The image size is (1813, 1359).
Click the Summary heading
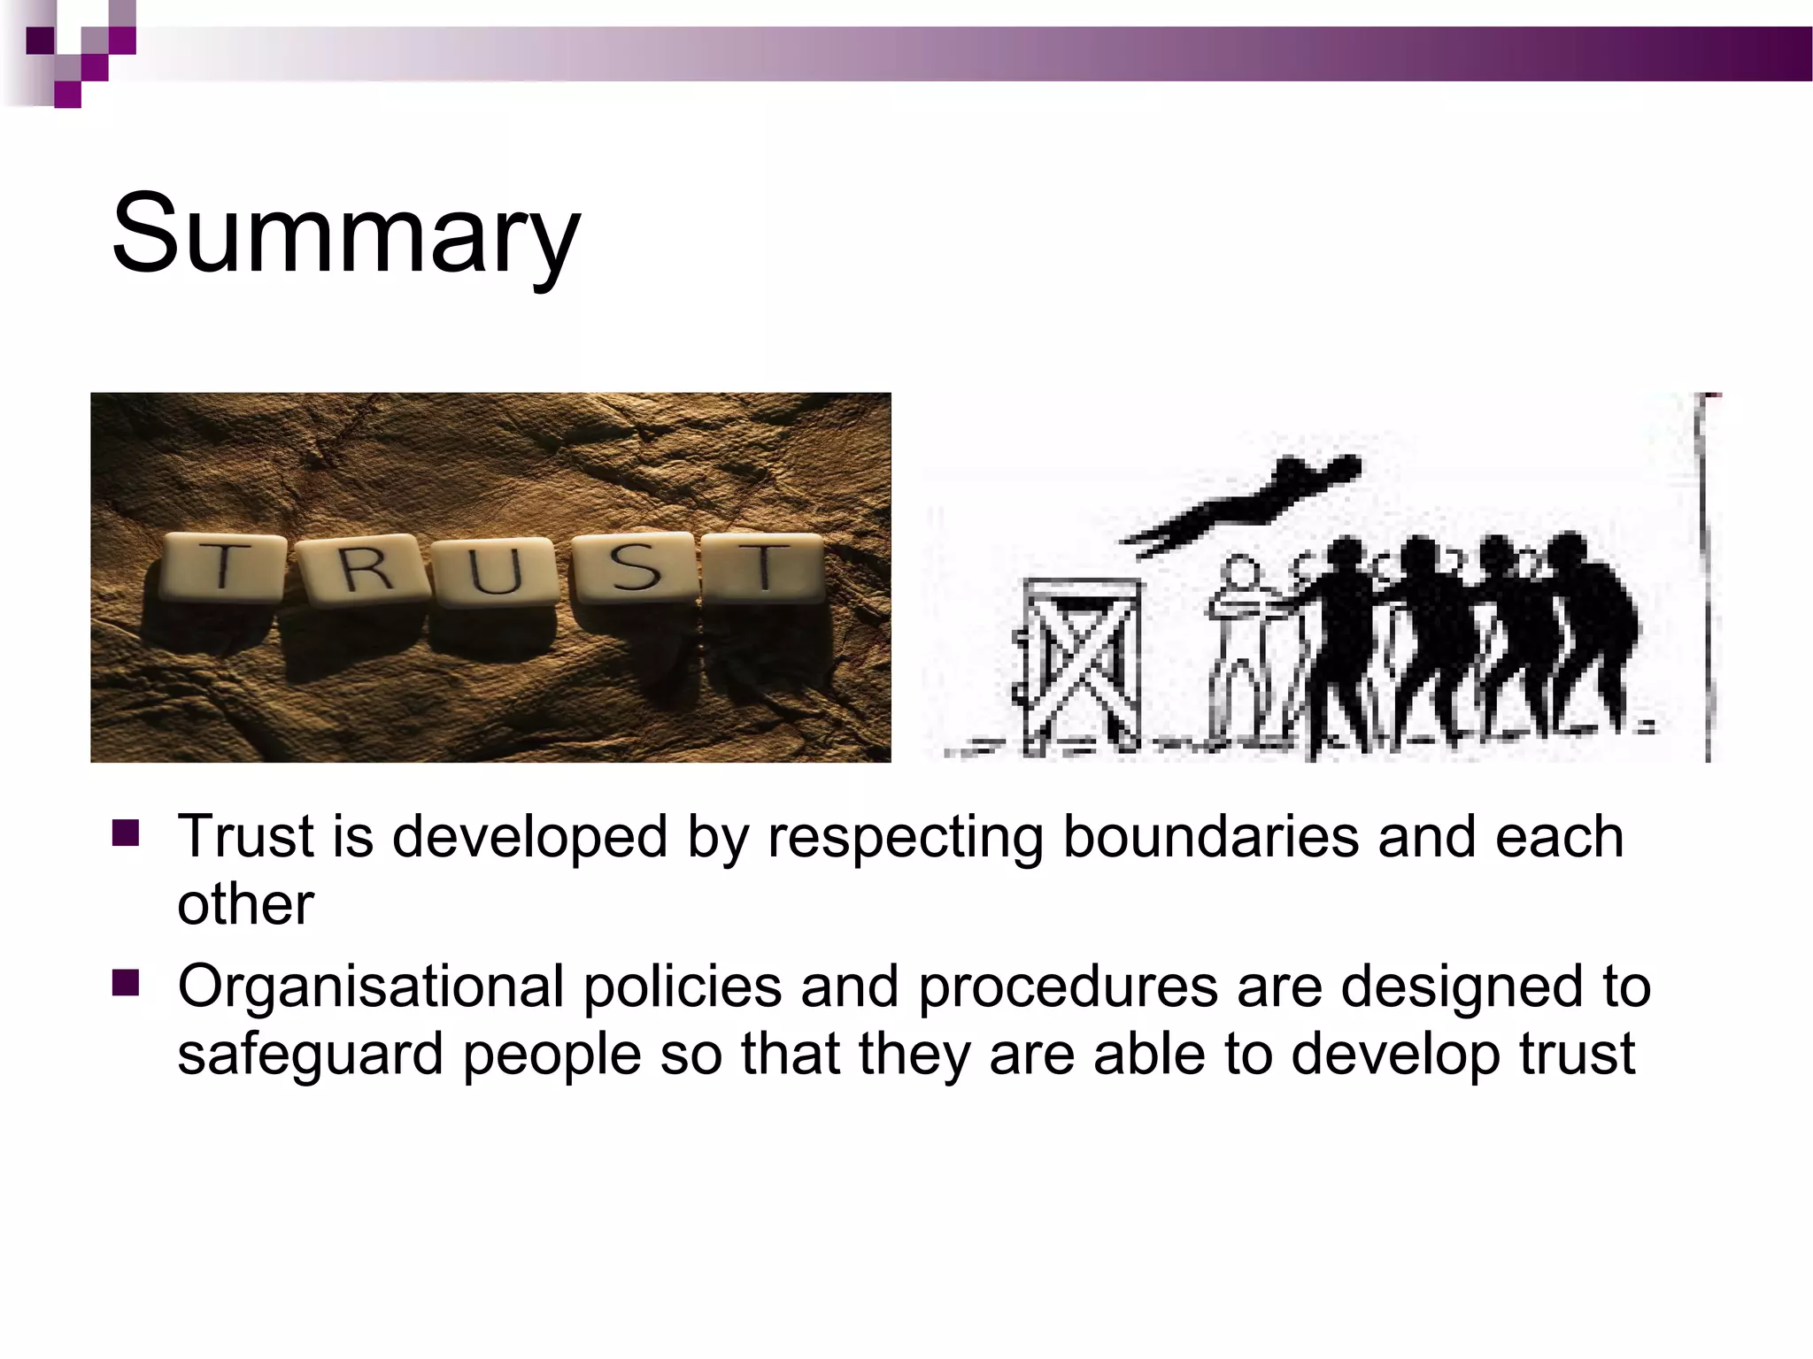click(x=345, y=234)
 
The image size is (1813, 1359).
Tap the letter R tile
click(x=363, y=571)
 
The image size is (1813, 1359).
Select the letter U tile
click(x=496, y=572)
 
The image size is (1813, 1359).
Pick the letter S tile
click(x=634, y=568)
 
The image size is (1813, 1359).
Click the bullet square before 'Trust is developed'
click(x=126, y=833)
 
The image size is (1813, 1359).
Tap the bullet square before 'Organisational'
click(x=126, y=983)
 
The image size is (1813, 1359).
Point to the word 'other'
click(x=245, y=904)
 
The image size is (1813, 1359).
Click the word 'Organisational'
click(x=371, y=987)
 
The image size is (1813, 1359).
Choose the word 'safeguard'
click(x=310, y=1055)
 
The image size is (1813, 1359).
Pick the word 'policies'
click(x=683, y=987)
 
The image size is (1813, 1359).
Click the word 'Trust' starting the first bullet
click(x=245, y=837)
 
